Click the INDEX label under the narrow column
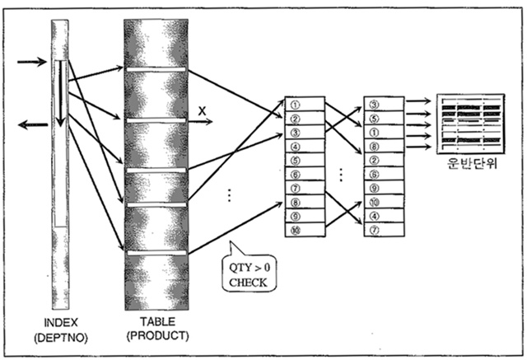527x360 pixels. click(62, 323)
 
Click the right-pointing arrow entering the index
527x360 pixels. click(31, 61)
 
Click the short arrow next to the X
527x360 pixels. click(201, 122)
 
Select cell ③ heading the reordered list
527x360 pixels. click(384, 105)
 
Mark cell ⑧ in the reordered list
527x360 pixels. click(384, 146)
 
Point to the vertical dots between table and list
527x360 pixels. click(229, 195)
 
